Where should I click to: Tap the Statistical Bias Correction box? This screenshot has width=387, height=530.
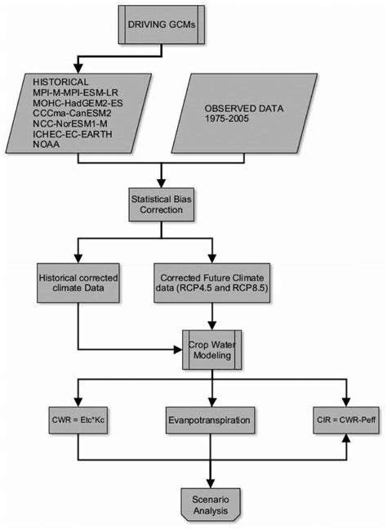coord(167,204)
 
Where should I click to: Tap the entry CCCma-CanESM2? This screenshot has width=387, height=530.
coord(74,118)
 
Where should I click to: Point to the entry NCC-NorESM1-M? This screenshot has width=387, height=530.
coord(73,128)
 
